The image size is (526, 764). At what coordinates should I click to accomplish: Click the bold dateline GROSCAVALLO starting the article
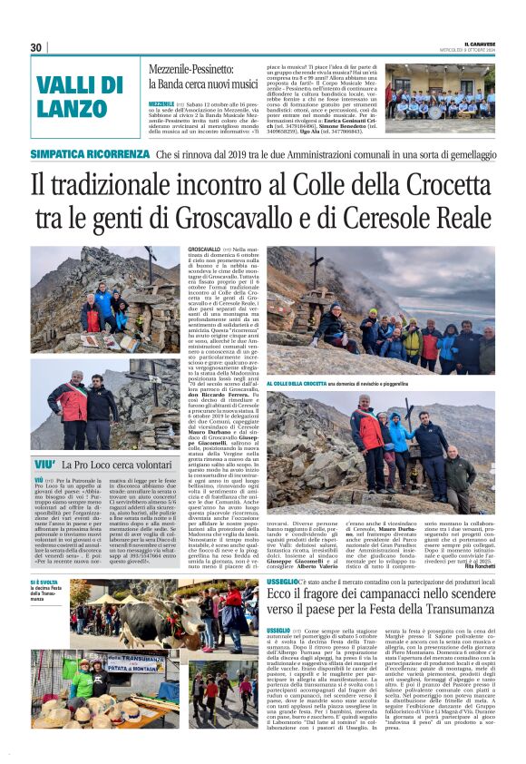click(203, 248)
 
